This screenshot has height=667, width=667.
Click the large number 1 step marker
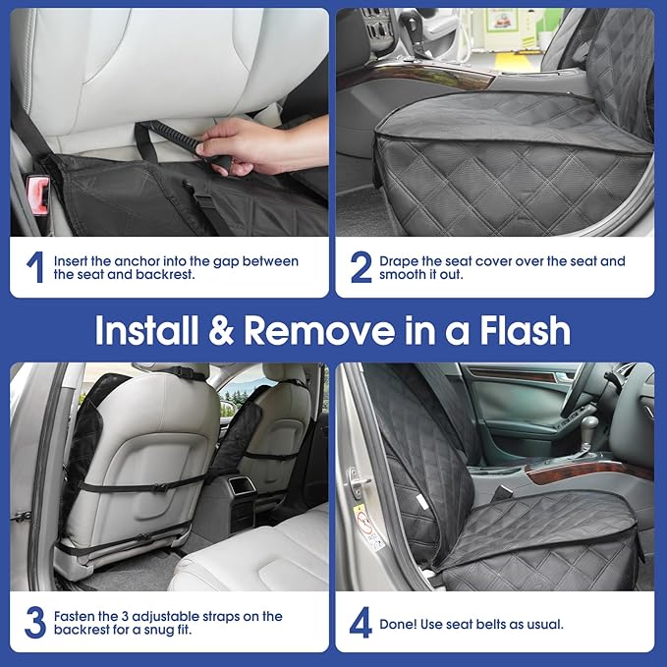point(34,267)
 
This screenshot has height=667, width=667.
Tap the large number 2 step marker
point(361,267)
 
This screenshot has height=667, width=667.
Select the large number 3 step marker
point(35,623)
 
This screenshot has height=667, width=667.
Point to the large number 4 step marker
point(361,623)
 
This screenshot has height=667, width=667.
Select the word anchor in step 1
point(142,261)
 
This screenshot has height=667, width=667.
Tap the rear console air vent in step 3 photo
point(242,485)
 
